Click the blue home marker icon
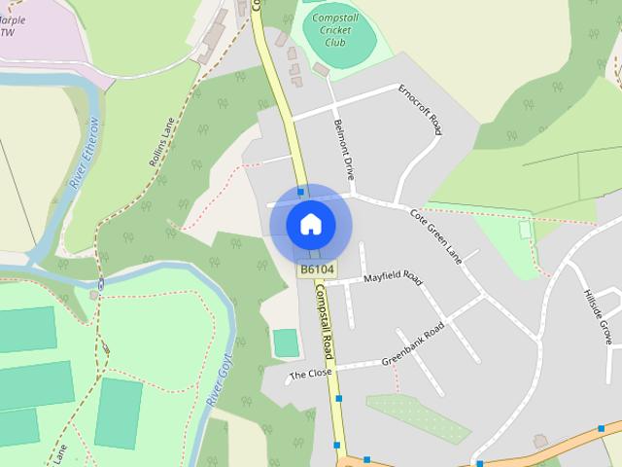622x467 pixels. pos(310,224)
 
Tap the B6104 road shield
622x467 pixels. pos(317,269)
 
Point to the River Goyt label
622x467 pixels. pos(216,380)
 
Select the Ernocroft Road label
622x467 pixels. pos(421,109)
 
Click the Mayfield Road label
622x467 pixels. pos(393,278)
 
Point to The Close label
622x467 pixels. pos(310,374)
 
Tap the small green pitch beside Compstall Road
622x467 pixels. pos(286,342)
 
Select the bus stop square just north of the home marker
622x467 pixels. pos(301,191)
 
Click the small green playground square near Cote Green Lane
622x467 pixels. pos(526,230)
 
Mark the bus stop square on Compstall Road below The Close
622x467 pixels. pos(339,398)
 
